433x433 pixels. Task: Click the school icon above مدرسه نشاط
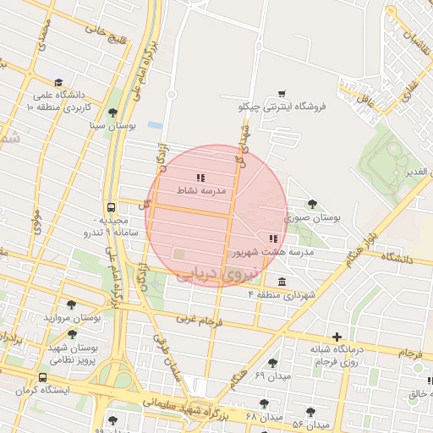[x=200, y=178]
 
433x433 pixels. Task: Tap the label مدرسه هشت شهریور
[x=272, y=252]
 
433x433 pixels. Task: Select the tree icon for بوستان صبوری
[x=313, y=204]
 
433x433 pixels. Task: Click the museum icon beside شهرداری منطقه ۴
[x=281, y=282]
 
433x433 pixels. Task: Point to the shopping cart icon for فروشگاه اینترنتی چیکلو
[x=282, y=93]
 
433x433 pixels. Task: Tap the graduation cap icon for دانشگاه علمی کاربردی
[x=58, y=82]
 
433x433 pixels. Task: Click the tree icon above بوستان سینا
[x=112, y=112]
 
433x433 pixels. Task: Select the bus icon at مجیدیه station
[x=112, y=207]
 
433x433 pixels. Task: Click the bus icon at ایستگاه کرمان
[x=42, y=377]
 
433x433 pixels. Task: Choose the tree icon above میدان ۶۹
[x=272, y=363]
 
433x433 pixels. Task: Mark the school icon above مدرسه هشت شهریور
[x=272, y=239]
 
